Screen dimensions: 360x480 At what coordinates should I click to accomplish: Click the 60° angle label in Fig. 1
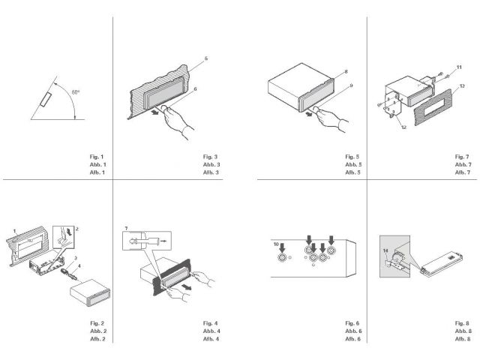pos(76,92)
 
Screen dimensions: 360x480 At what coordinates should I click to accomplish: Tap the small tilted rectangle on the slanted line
pos(46,99)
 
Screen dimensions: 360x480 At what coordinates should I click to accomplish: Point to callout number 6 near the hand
pos(196,88)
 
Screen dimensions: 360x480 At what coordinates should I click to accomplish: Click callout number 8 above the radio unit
pos(346,71)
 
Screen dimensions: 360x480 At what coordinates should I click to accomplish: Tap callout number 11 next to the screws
pos(460,68)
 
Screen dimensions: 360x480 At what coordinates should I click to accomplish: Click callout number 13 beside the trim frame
pos(462,86)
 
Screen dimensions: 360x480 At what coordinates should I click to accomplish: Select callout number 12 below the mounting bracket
pos(403,127)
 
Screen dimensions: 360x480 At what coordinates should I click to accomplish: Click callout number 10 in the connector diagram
pos(276,244)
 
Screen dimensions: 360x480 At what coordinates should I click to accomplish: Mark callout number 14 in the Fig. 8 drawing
pos(386,250)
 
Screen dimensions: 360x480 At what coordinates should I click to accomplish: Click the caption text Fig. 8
pos(462,322)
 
